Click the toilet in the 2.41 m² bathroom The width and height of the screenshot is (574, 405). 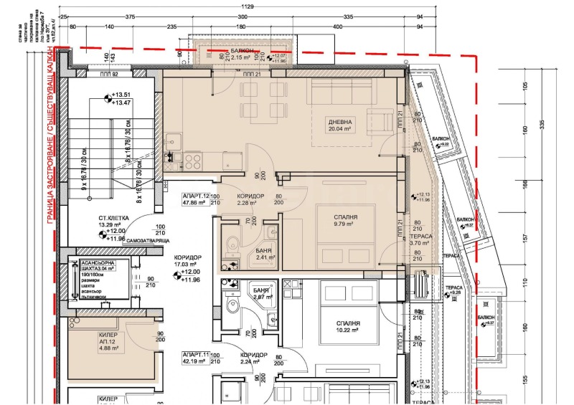click(229, 247)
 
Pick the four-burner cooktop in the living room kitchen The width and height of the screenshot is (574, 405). click(192, 158)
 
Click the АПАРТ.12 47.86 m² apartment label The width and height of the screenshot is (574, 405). click(196, 199)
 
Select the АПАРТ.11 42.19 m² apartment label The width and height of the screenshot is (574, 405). click(196, 359)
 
